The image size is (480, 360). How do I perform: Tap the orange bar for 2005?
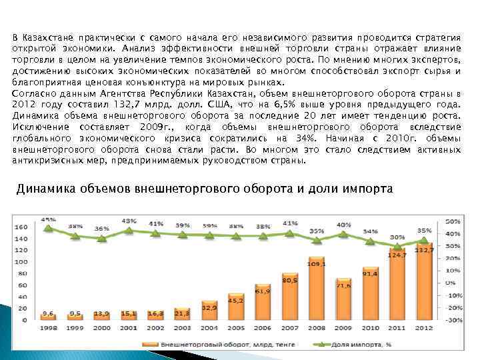click(x=235, y=310)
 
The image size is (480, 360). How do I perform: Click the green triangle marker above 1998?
click(x=48, y=228)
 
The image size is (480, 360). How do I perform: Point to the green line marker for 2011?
click(x=397, y=245)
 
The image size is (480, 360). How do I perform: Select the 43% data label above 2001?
click(x=129, y=221)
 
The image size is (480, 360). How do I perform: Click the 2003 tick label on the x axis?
click(x=181, y=329)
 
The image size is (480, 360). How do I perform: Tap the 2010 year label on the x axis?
click(x=371, y=329)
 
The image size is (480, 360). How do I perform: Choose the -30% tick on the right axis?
click(x=454, y=321)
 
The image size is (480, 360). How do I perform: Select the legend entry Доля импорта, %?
click(x=364, y=345)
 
